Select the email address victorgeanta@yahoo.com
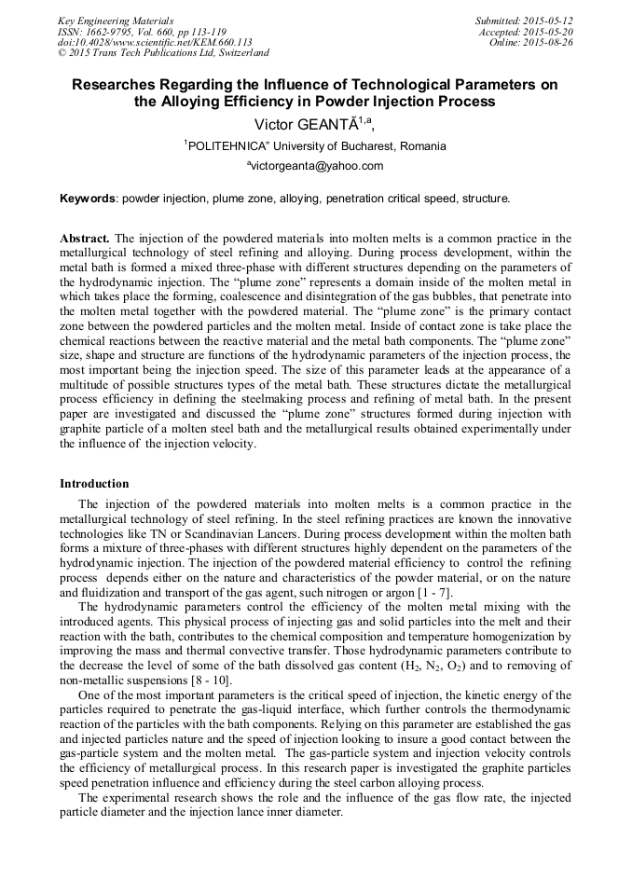316,167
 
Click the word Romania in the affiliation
423,146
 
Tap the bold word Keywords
88,199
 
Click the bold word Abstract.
85,238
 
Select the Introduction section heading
94,484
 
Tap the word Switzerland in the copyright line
238,53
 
